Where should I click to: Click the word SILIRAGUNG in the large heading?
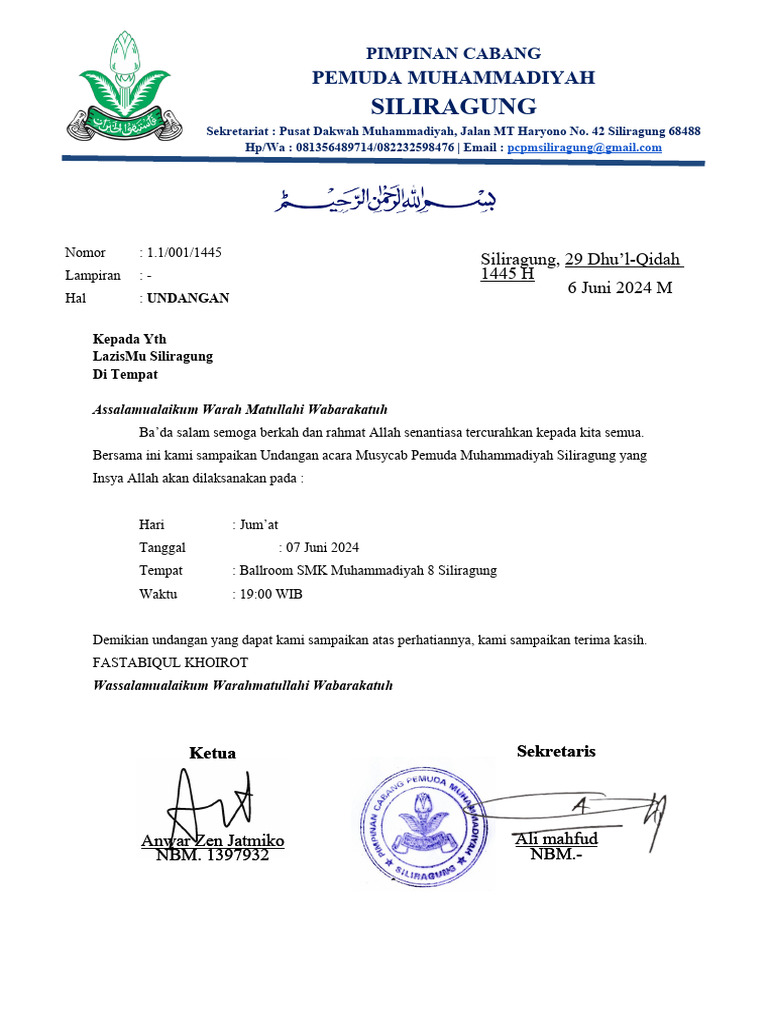click(453, 106)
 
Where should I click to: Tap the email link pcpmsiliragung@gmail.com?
click(584, 147)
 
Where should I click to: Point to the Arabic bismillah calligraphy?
click(386, 197)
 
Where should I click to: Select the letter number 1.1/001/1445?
click(184, 252)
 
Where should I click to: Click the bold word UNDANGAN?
click(188, 298)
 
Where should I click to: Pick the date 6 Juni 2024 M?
click(620, 288)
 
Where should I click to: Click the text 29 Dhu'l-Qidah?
click(623, 260)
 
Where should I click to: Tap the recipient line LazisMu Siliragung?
click(152, 356)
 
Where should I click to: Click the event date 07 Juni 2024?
click(322, 548)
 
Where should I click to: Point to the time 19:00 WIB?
click(270, 594)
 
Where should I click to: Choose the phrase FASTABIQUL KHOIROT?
click(170, 663)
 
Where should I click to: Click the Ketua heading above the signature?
click(212, 753)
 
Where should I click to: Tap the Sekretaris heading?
click(556, 751)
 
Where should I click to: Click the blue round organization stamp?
click(425, 822)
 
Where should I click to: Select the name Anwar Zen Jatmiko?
click(212, 841)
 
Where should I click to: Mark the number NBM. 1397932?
click(212, 856)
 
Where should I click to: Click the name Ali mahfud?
click(556, 839)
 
